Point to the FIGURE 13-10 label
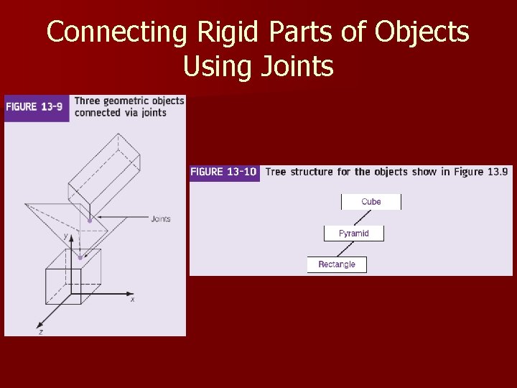point(224,172)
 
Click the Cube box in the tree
point(371,202)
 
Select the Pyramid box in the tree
point(353,234)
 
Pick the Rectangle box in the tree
point(336,264)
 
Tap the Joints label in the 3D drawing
point(161,219)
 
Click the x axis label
point(133,300)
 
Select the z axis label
point(41,333)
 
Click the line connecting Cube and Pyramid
point(363,218)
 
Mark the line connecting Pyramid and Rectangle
point(345,249)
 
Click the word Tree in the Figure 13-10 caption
point(277,172)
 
